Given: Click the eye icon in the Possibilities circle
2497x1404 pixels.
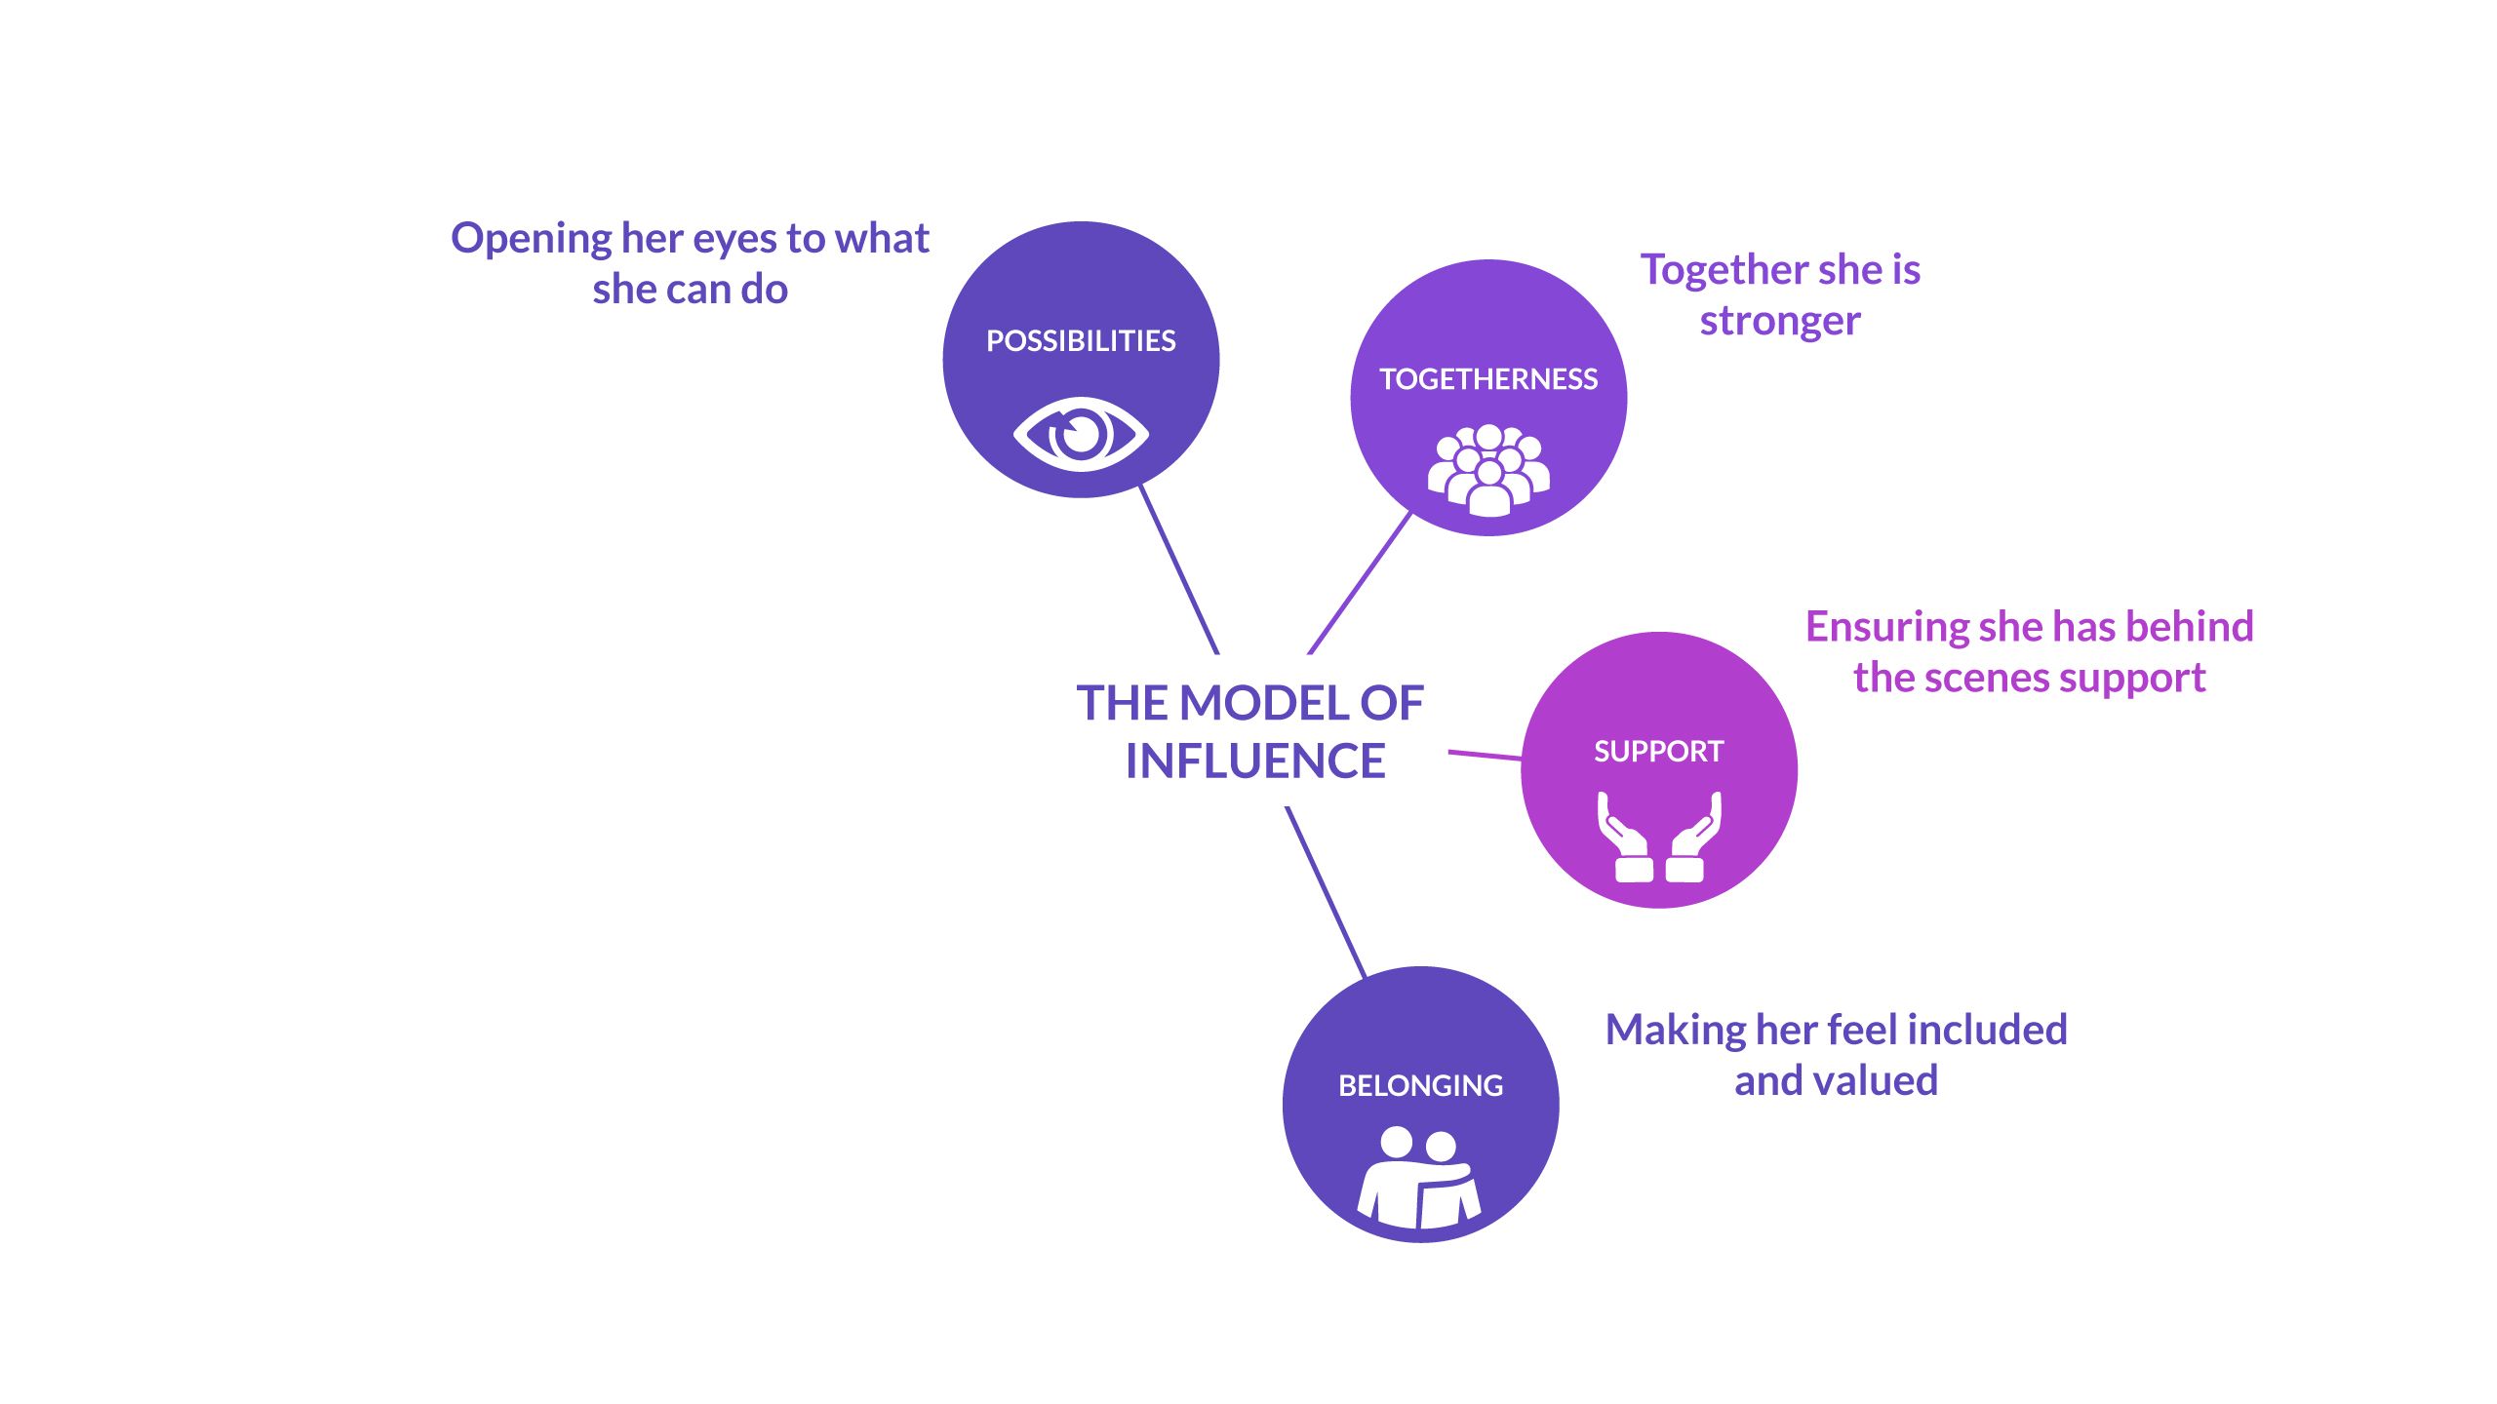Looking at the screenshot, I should pyautogui.click(x=1081, y=434).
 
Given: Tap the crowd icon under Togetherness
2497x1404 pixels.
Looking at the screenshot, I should pyautogui.click(x=1488, y=470).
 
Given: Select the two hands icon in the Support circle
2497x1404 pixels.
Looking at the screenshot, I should pyautogui.click(x=1659, y=838).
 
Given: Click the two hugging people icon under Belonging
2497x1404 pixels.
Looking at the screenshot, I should pyautogui.click(x=1419, y=1177).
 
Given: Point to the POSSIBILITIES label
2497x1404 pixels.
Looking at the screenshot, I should pyautogui.click(x=1081, y=341).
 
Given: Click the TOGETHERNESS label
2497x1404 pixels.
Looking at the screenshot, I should pyautogui.click(x=1488, y=379).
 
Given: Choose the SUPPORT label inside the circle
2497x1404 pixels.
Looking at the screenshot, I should pyautogui.click(x=1658, y=752).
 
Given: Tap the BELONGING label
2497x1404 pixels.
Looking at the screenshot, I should pyautogui.click(x=1420, y=1086).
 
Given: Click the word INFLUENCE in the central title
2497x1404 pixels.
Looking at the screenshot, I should pyautogui.click(x=1255, y=761).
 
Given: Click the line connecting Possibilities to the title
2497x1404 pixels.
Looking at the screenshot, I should pyautogui.click(x=1179, y=569).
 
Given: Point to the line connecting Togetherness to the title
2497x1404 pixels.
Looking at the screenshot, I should pyautogui.click(x=1360, y=583).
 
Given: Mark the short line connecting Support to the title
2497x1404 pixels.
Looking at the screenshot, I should pyautogui.click(x=1485, y=755).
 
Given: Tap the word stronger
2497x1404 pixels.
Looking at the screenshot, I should pyautogui.click(x=1780, y=322).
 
